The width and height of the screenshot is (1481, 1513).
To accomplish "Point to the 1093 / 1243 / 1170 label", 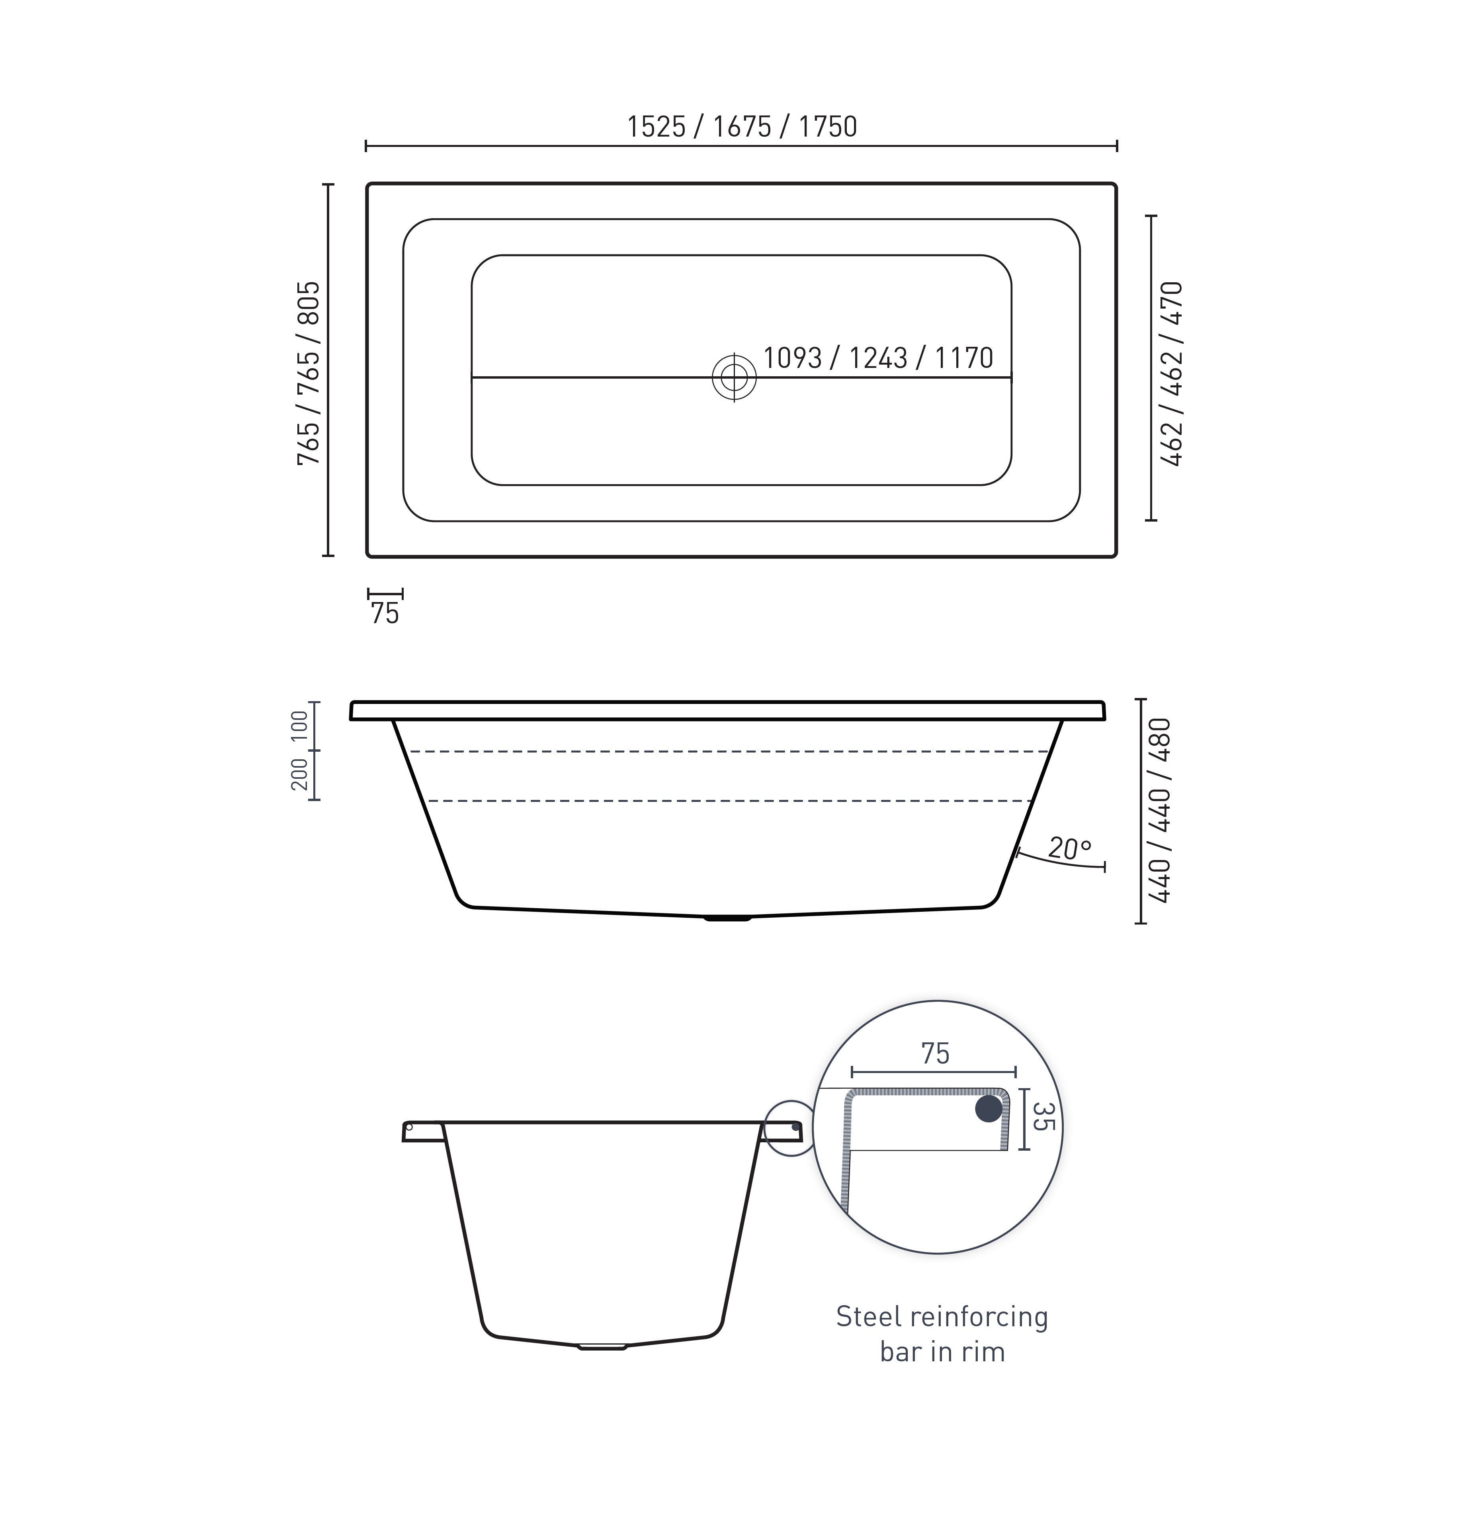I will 877,358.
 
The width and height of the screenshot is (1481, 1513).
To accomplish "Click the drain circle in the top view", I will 733,377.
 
